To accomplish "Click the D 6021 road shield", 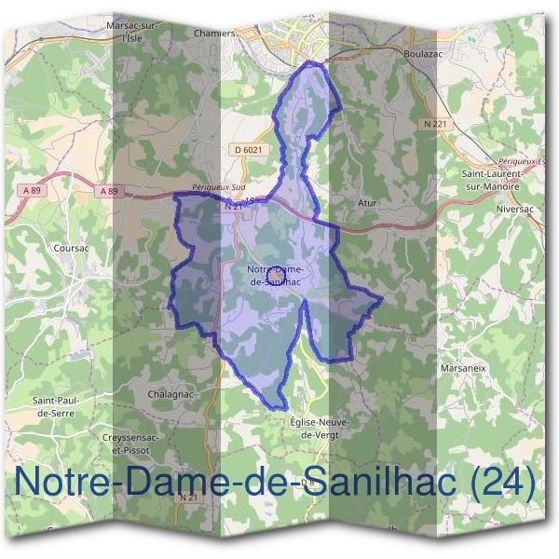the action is (x=250, y=149).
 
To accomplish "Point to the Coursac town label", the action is (x=70, y=249).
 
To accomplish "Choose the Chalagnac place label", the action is (x=170, y=394).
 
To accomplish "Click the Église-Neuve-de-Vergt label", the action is (x=320, y=428).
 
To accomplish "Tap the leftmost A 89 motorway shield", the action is (x=31, y=190).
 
